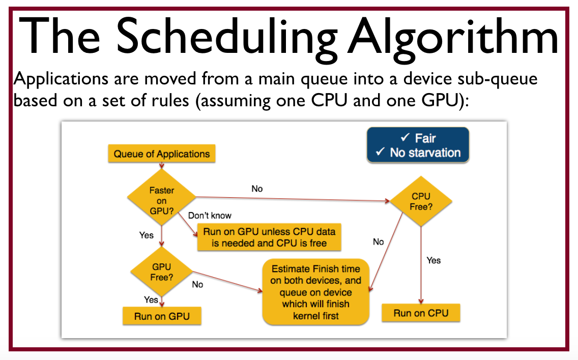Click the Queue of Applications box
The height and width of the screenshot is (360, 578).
coord(161,154)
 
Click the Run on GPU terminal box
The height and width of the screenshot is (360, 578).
coord(162,316)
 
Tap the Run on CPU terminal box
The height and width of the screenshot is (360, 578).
coord(421,313)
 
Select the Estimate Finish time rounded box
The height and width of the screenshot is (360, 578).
coord(315,292)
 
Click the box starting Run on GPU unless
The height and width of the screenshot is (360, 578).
coord(269,237)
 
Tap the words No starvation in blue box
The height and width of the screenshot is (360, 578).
coord(425,153)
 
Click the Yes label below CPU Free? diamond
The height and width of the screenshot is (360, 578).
coord(434,260)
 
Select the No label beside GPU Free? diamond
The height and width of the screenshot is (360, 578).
coord(197,285)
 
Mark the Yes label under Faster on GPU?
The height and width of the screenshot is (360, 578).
coord(147,235)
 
